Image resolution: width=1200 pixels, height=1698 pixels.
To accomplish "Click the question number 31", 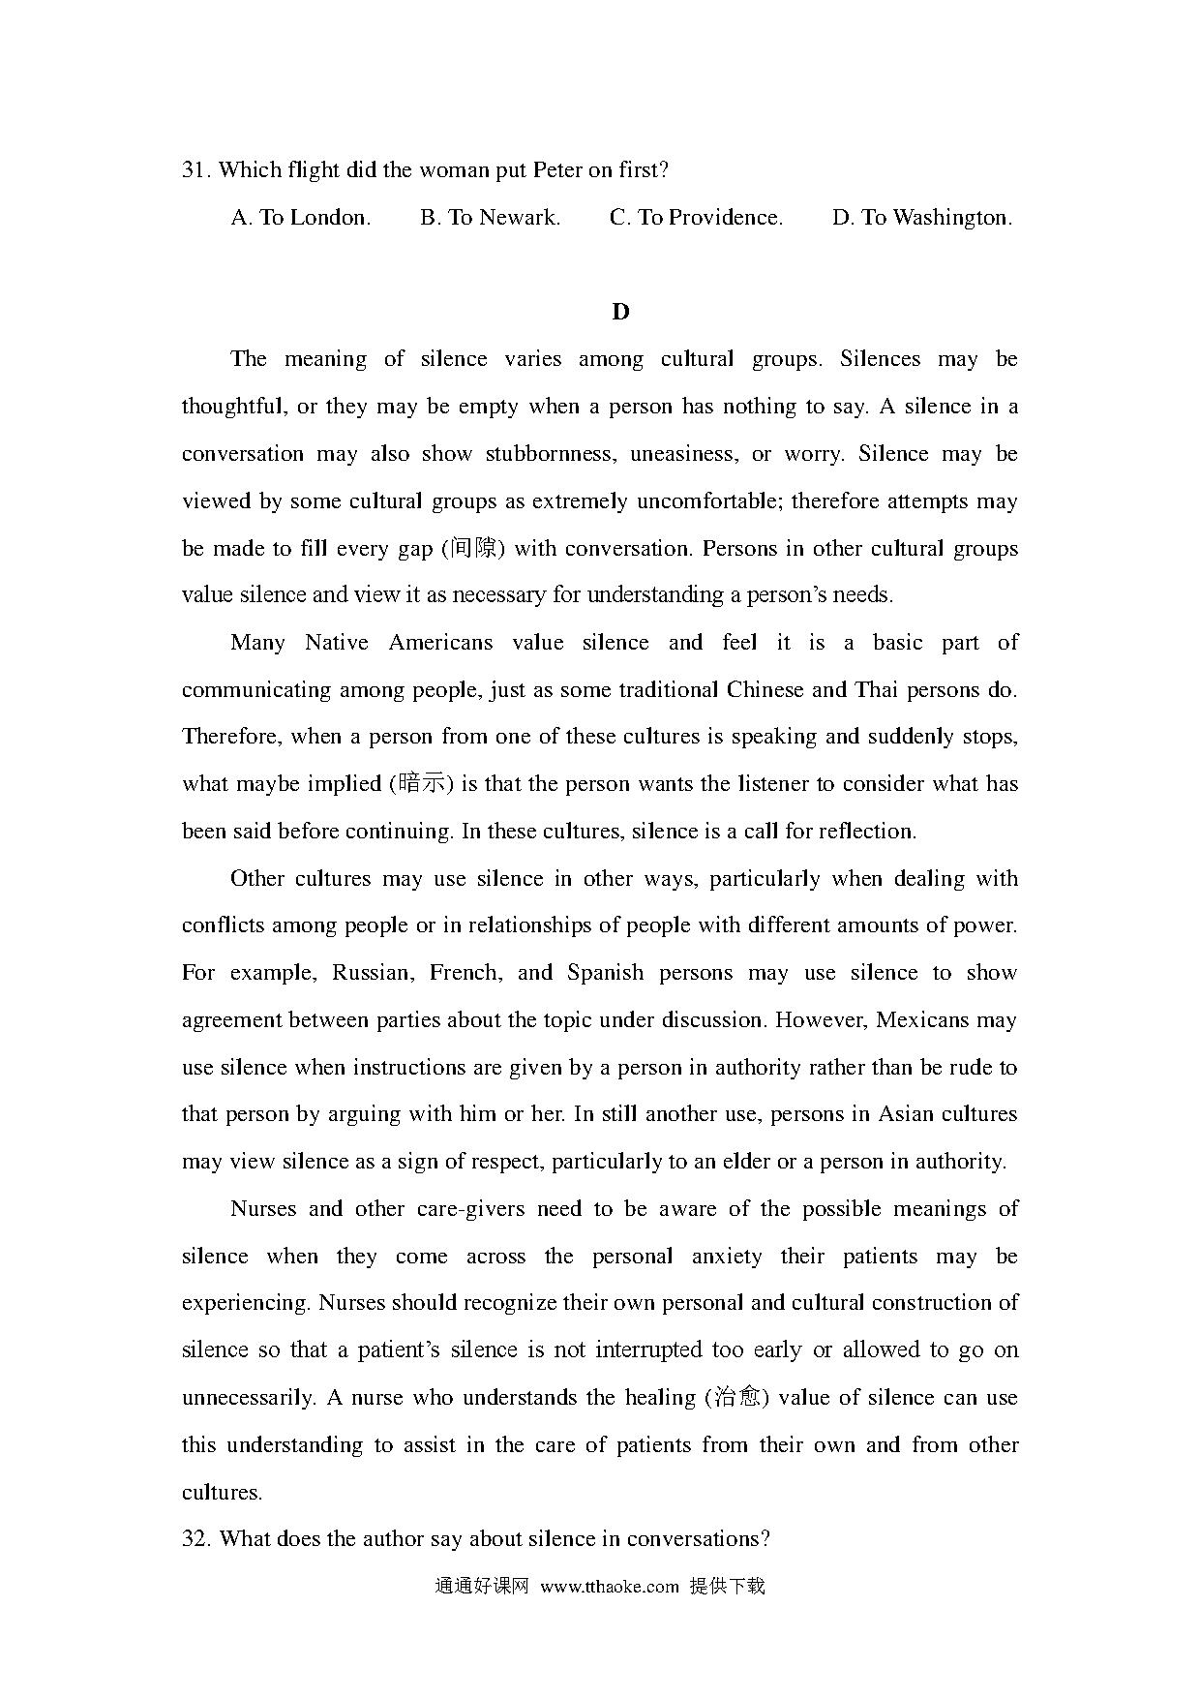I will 195,170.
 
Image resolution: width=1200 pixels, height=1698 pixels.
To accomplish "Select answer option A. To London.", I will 300,218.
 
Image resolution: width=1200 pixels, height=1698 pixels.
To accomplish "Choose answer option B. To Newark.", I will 490,218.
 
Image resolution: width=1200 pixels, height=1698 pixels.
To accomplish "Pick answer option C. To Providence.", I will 696,218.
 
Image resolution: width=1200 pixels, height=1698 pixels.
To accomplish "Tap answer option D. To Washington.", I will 921,218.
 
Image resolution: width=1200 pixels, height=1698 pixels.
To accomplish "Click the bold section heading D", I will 620,312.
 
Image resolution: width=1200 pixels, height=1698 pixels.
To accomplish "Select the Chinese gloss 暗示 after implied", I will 424,784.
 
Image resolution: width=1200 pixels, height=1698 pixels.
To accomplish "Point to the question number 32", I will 195,1539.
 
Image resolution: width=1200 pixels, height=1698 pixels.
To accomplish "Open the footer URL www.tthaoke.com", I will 610,1587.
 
